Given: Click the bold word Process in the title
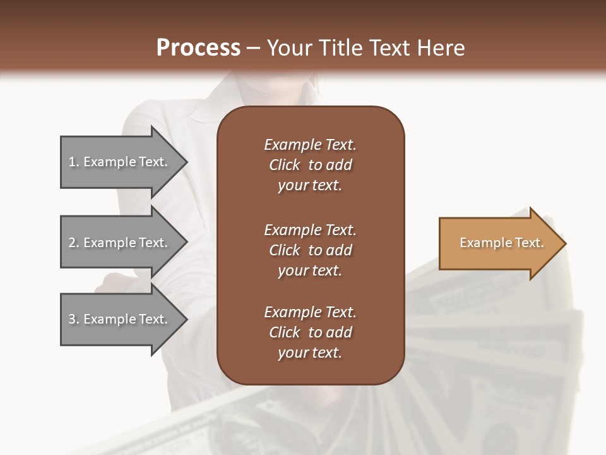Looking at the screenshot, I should [x=198, y=48].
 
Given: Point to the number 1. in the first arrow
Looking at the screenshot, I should [x=74, y=162].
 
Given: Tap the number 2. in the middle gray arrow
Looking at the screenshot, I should [x=74, y=243].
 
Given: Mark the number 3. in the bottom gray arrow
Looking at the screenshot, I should [x=74, y=319].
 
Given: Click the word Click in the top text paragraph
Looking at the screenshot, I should [x=285, y=165].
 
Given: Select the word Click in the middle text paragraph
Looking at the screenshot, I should [x=285, y=250].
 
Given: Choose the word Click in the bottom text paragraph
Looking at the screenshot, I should [x=285, y=332].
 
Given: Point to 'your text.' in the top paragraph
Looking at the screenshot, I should [x=310, y=185].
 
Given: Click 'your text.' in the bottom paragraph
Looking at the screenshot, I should [x=310, y=353].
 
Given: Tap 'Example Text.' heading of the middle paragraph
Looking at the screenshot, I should [x=310, y=229].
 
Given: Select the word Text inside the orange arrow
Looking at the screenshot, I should [x=529, y=243].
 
